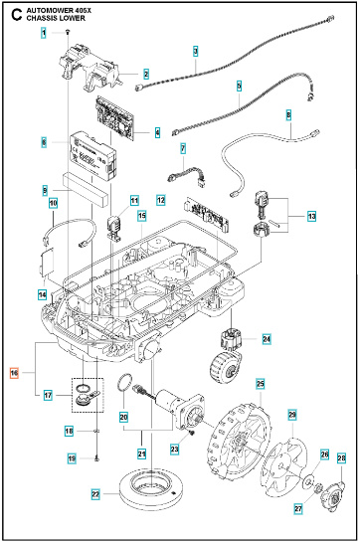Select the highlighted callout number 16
[x=14, y=374]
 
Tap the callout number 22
[x=95, y=493]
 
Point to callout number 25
[x=260, y=383]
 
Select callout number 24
[x=266, y=339]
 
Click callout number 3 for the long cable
[x=195, y=50]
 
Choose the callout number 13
[x=311, y=216]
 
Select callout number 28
[x=341, y=458]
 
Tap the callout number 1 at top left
[x=44, y=34]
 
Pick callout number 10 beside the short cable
[x=54, y=204]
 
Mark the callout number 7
[x=183, y=148]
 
